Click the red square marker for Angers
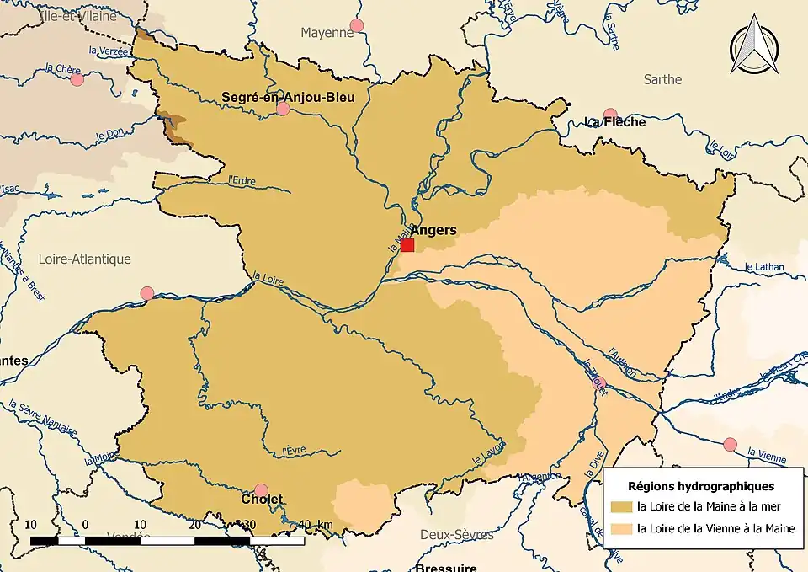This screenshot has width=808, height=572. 407,245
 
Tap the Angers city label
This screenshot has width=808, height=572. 433,230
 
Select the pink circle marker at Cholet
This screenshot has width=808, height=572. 261,490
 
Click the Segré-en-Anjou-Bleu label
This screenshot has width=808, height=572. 288,97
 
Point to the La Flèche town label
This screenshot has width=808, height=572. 615,122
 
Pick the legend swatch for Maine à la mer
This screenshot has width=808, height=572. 623,507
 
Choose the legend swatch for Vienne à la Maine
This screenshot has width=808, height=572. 623,529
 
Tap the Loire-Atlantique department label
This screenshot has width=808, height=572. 85,259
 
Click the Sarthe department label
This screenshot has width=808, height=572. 662,79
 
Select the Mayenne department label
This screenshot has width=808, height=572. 327,33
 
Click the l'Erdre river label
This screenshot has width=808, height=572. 242,179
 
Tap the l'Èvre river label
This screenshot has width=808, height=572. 294,451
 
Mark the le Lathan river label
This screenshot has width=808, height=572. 764,268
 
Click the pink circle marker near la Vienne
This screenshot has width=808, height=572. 730,444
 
